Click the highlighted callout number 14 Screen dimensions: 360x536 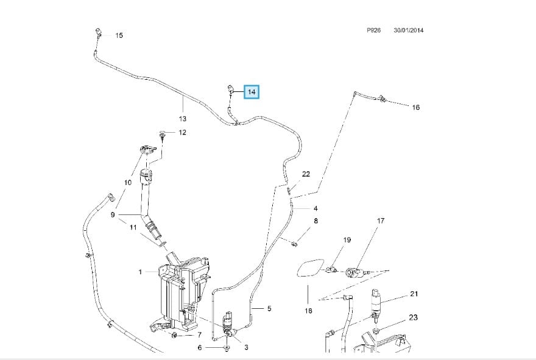point(252,92)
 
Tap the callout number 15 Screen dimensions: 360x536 point(119,35)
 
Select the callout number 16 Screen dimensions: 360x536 point(415,107)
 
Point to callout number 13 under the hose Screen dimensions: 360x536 point(182,119)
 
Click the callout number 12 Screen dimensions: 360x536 point(182,132)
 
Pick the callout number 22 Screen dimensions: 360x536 point(306,174)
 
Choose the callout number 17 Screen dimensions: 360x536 point(381,221)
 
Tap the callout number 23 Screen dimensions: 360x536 point(413,317)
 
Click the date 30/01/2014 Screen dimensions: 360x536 point(408,30)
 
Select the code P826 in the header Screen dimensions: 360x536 point(373,30)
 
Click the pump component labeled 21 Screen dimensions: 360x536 point(376,303)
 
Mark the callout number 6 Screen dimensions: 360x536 point(199,348)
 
